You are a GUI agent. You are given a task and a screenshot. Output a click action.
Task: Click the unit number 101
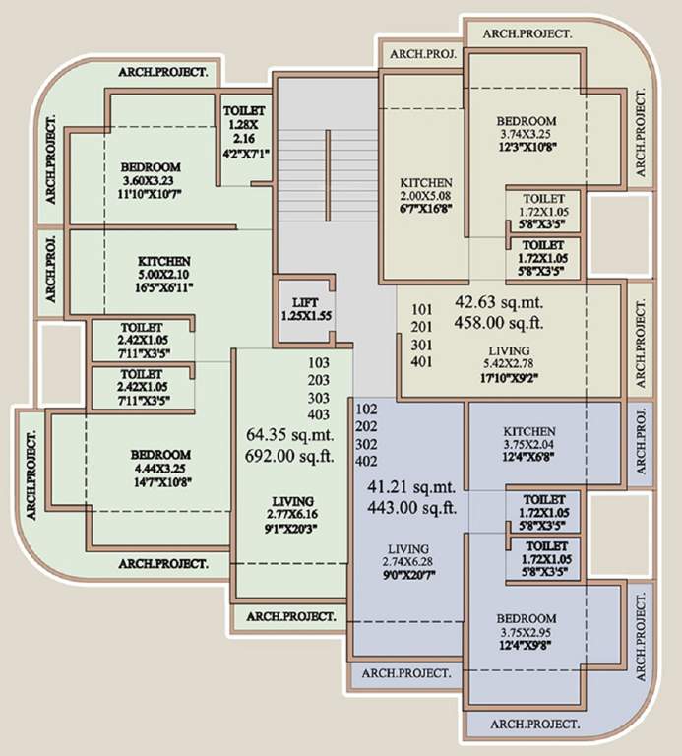pyautogui.click(x=422, y=306)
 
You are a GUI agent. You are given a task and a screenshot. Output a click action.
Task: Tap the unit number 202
pyautogui.click(x=366, y=425)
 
